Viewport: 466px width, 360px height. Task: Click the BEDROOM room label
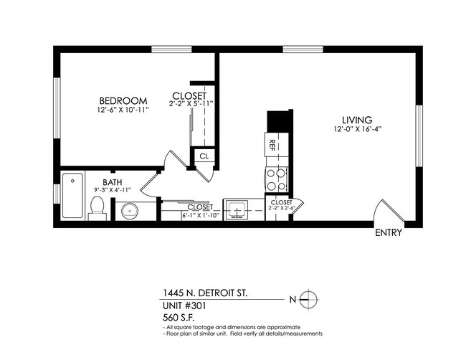pos(124,100)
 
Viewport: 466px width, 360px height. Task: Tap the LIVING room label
pos(356,120)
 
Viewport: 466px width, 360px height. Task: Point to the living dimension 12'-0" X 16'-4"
pos(356,130)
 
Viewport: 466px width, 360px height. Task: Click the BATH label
pos(113,183)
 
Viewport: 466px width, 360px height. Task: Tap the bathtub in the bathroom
pos(72,196)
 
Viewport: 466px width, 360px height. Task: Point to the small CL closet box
pos(203,156)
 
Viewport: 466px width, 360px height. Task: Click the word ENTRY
pos(389,233)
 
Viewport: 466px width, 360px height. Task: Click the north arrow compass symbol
pos(309,298)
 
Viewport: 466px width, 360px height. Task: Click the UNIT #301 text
pos(183,305)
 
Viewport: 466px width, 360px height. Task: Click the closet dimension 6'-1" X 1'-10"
pos(184,214)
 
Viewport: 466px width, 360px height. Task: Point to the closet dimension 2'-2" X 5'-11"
pos(191,105)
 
